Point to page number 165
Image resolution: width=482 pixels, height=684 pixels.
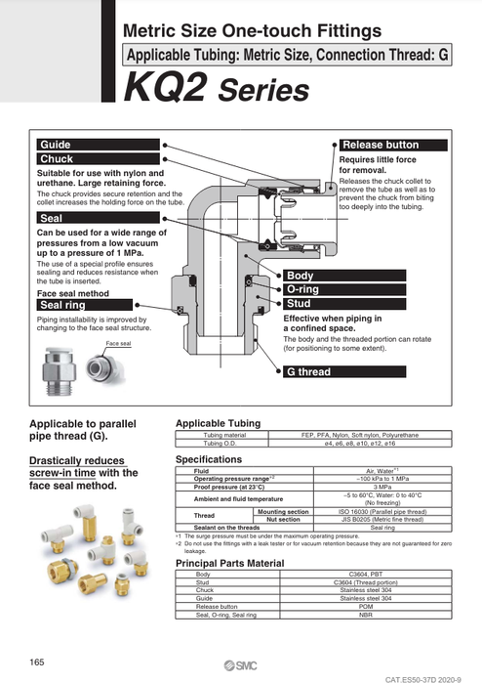click(x=37, y=663)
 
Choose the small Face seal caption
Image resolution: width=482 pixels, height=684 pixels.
click(x=118, y=344)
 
